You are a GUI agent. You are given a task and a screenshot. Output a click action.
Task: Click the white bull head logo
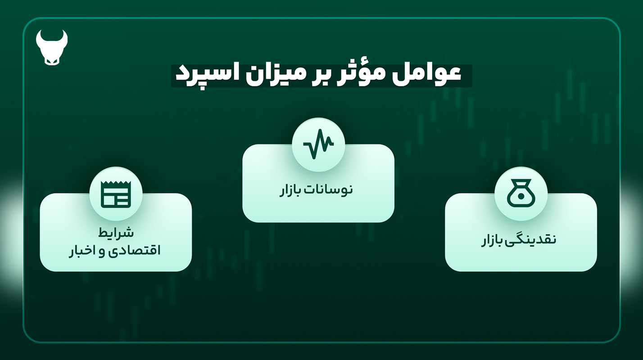(x=52, y=48)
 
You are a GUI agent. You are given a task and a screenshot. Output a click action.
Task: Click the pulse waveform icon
(x=318, y=144)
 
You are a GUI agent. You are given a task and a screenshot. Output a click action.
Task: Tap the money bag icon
(x=521, y=193)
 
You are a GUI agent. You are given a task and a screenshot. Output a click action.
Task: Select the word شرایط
(x=116, y=232)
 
